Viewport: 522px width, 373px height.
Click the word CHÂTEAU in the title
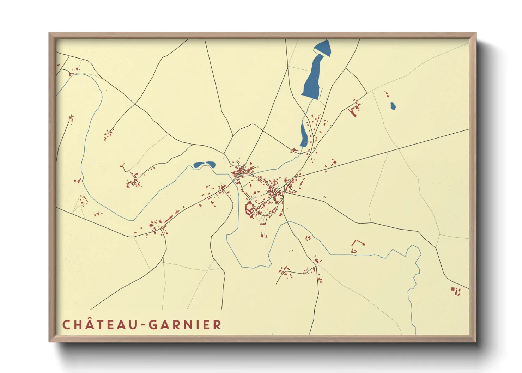(x=99, y=325)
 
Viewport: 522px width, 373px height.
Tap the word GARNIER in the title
(x=185, y=325)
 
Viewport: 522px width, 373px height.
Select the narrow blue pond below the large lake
(x=303, y=136)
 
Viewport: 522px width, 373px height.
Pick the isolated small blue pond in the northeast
(x=393, y=106)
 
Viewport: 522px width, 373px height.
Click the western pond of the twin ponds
(x=199, y=165)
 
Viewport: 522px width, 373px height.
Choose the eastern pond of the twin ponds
(x=211, y=164)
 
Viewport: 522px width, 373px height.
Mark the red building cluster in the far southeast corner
(x=456, y=291)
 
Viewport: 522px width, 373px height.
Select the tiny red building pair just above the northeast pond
(x=387, y=94)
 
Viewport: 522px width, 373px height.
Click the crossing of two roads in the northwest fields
(x=134, y=104)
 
